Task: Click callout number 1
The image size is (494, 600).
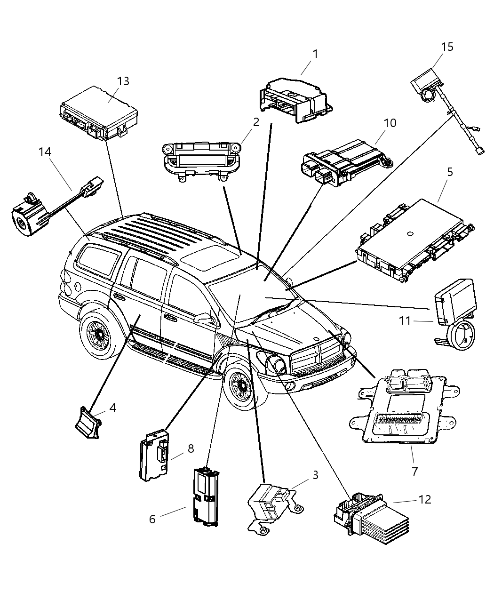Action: [x=315, y=55]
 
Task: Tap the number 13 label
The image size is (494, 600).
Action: [x=123, y=81]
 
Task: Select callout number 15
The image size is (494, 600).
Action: [x=447, y=47]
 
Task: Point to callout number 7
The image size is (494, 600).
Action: [x=414, y=471]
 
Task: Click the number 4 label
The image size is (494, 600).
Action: [x=112, y=408]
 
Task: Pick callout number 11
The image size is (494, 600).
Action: [x=405, y=321]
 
